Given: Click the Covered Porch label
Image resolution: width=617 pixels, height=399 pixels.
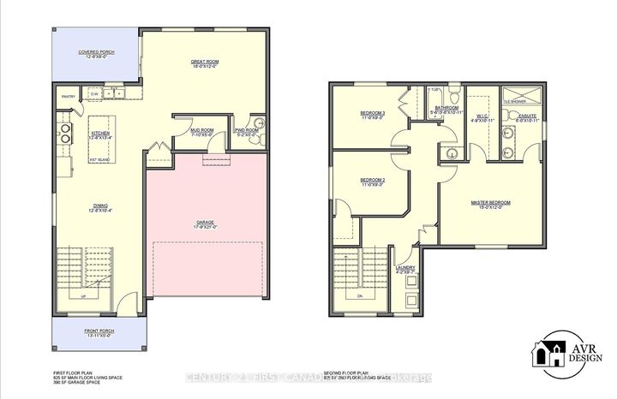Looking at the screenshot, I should pos(97,52).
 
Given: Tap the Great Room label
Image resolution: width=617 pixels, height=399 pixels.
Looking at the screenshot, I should pos(206,62).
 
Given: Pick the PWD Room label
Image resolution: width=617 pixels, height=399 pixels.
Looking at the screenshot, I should pos(248,130).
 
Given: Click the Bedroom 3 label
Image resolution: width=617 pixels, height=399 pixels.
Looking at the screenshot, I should pos(372,114).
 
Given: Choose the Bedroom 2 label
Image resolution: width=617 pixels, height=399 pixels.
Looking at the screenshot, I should pos(372,180).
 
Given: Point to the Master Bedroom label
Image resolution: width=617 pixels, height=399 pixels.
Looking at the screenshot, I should pos(490,203).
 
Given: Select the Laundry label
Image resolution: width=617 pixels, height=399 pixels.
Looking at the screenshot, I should pos(405,268).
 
